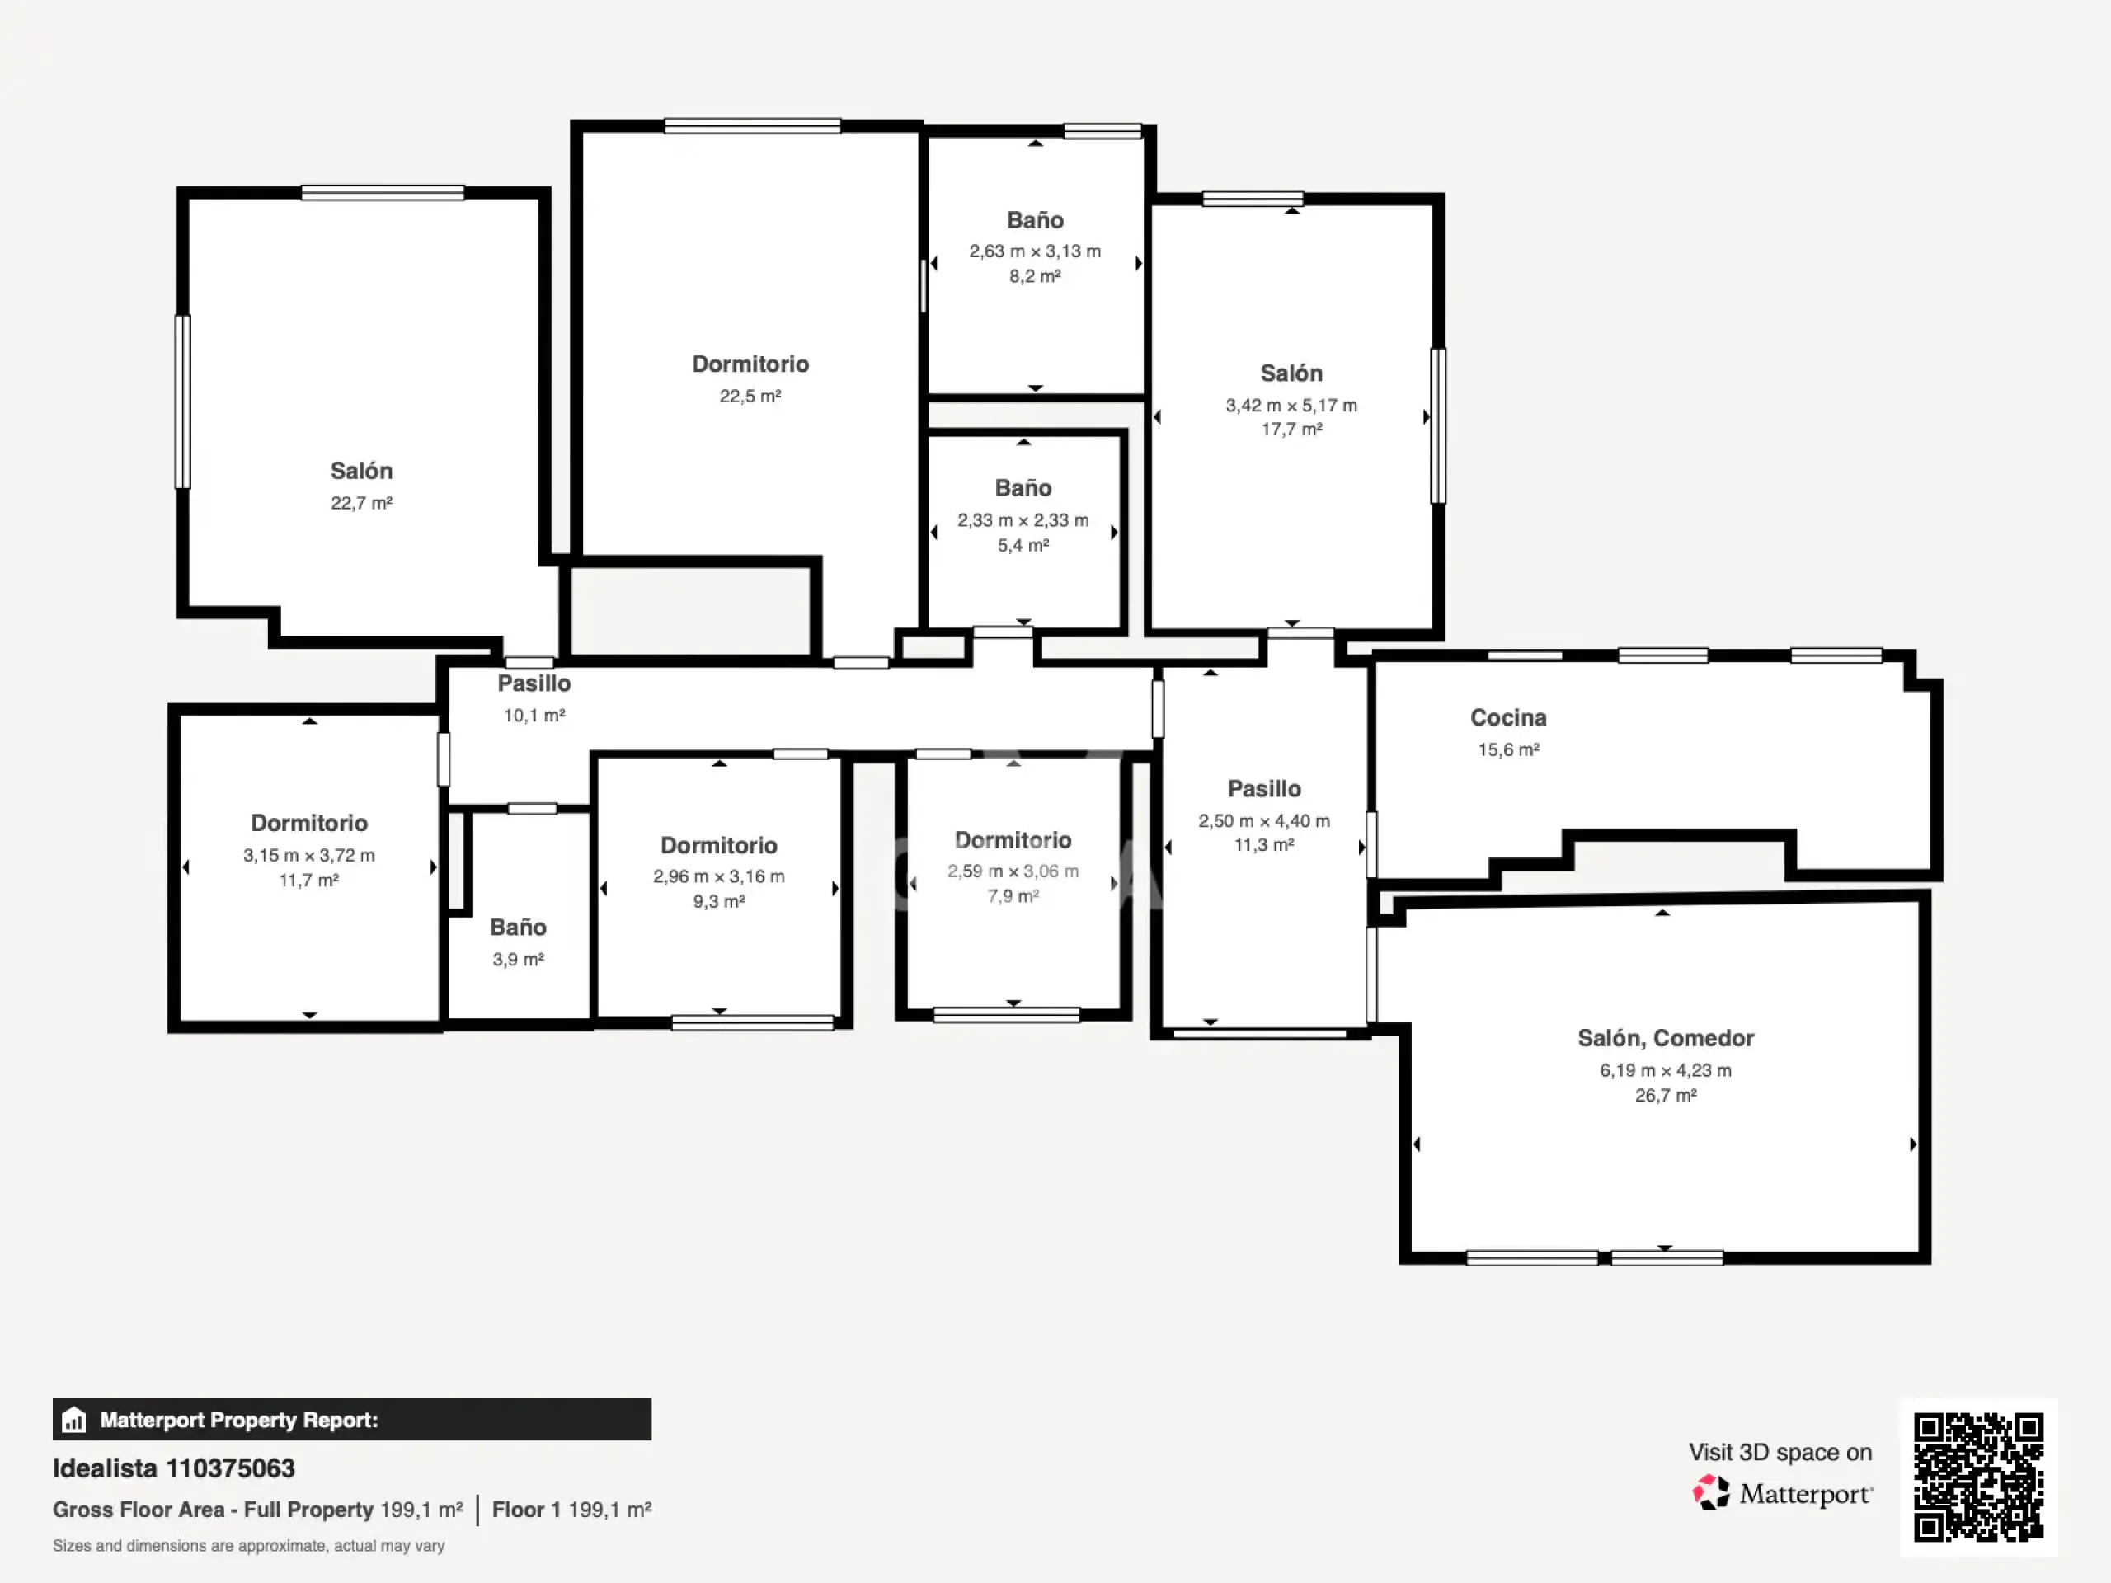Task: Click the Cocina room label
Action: (x=1508, y=717)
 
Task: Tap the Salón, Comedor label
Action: (x=1666, y=1038)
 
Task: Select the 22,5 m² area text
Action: (x=750, y=396)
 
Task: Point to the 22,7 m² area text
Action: (x=362, y=503)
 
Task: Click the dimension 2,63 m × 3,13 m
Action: (x=1035, y=251)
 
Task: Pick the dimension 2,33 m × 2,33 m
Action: (x=1023, y=520)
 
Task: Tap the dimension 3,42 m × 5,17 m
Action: (x=1291, y=406)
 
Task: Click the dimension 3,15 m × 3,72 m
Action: (x=308, y=855)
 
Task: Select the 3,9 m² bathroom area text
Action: (x=518, y=959)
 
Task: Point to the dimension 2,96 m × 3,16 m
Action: (x=718, y=876)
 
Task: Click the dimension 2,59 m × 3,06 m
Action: (x=1013, y=871)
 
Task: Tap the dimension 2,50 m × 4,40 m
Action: (x=1263, y=820)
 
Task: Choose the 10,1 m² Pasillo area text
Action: (x=534, y=716)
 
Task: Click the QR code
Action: (x=1978, y=1477)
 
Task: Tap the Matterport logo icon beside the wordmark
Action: (x=1710, y=1492)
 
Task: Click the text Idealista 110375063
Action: (x=174, y=1468)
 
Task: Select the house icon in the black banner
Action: (x=73, y=1420)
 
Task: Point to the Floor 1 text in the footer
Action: (x=526, y=1510)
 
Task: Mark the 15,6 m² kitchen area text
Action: (x=1508, y=750)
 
